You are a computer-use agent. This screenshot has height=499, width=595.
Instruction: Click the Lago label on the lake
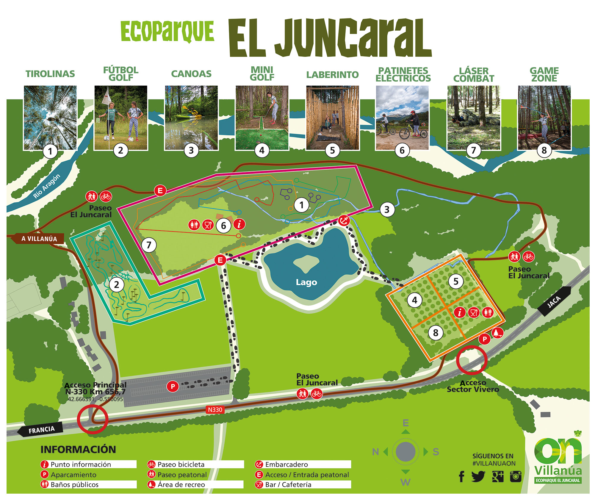[x=306, y=282]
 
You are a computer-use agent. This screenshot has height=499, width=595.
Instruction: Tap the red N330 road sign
[x=215, y=410]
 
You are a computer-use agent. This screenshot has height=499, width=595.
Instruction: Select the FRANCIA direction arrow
[x=41, y=429]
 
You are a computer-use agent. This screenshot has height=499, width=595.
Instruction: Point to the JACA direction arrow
[x=554, y=301]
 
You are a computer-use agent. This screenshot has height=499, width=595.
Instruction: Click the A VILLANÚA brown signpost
[x=39, y=239]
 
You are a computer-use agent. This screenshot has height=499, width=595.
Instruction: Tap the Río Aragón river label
[x=46, y=186]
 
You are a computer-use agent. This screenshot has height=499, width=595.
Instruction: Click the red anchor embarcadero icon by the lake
[x=344, y=220]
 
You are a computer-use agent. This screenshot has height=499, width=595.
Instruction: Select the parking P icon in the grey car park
[x=173, y=386]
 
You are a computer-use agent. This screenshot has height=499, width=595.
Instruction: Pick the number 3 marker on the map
[x=387, y=210]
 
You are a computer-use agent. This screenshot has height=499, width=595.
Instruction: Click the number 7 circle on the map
[x=149, y=245]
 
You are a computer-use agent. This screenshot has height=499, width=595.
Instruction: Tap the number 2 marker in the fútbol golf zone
[x=116, y=284]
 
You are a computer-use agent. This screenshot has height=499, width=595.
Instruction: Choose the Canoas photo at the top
[x=191, y=118]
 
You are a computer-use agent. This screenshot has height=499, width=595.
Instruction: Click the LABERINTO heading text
[x=332, y=75]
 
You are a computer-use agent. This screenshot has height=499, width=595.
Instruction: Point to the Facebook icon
[x=461, y=476]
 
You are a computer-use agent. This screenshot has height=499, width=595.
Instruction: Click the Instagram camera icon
[x=516, y=476]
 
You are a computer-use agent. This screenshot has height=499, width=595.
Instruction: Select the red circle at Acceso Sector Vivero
[x=472, y=360]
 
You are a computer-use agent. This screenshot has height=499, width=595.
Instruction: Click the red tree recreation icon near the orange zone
[x=497, y=332]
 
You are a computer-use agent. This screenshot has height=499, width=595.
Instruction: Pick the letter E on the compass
[x=405, y=423]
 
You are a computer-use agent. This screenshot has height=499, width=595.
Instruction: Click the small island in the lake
[x=306, y=263]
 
